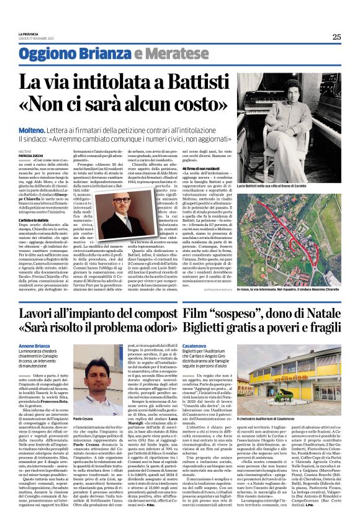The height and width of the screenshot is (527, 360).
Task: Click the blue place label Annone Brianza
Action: pyautogui.click(x=35, y=345)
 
